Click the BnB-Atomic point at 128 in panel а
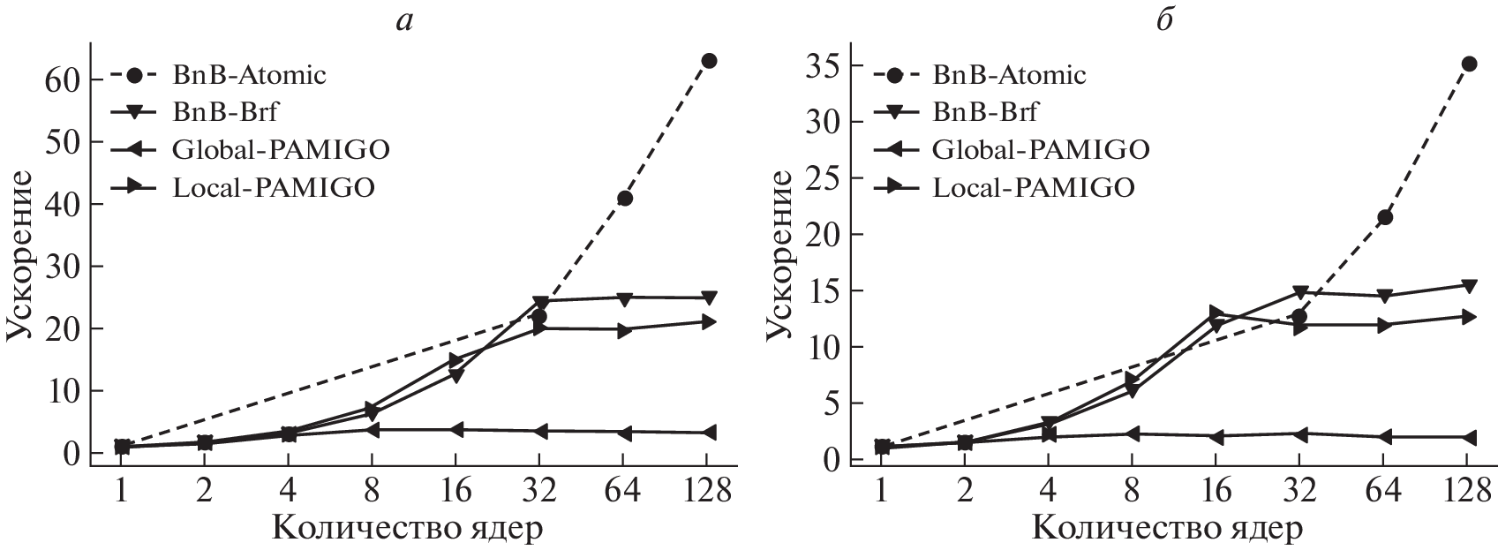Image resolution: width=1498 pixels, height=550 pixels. point(708,61)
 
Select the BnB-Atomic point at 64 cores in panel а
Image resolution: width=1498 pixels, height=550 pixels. point(624,199)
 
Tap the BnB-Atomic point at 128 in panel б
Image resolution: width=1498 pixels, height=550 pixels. point(1469,64)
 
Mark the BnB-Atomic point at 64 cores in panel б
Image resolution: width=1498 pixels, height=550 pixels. point(1385,217)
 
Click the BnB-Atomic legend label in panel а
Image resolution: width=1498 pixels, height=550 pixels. point(250,75)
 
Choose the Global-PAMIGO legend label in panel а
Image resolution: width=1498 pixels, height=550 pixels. point(282,149)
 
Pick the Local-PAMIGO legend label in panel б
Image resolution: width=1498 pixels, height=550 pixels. point(1034,188)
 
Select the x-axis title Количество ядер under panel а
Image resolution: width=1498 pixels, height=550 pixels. point(407,528)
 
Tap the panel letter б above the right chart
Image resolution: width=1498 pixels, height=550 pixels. point(1165,19)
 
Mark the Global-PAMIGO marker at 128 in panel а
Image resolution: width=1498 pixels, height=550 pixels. point(708,433)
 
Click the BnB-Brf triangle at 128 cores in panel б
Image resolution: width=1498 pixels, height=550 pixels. point(1469,286)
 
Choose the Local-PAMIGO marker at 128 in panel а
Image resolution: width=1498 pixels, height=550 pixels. point(708,322)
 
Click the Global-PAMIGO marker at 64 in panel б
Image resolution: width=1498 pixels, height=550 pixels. point(1385,437)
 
